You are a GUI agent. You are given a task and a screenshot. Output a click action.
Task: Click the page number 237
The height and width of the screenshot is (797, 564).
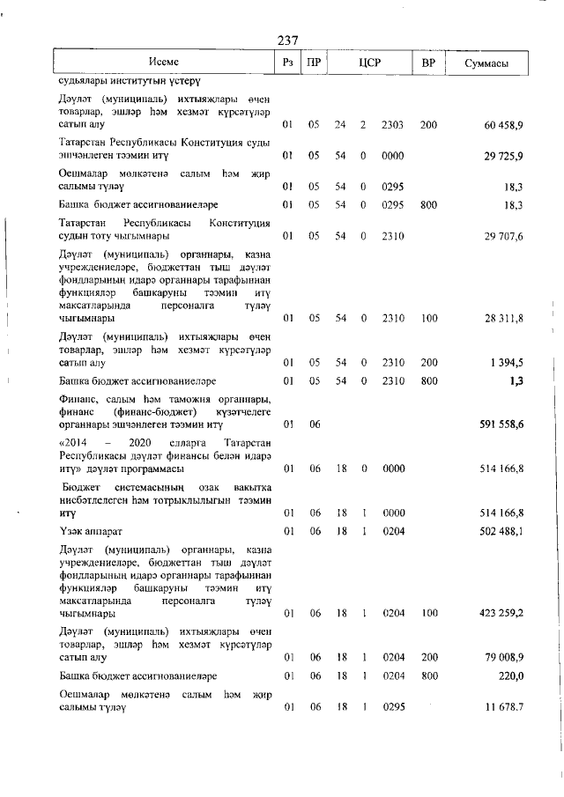pos(287,41)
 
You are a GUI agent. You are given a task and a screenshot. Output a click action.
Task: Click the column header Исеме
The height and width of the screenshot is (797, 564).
pos(164,62)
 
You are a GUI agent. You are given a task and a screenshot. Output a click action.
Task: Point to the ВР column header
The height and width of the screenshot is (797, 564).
pos(428,63)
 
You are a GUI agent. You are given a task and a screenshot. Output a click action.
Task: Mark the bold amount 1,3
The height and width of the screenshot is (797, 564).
pos(516,380)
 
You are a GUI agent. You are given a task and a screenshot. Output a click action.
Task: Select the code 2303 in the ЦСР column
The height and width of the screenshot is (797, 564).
pos(393,126)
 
